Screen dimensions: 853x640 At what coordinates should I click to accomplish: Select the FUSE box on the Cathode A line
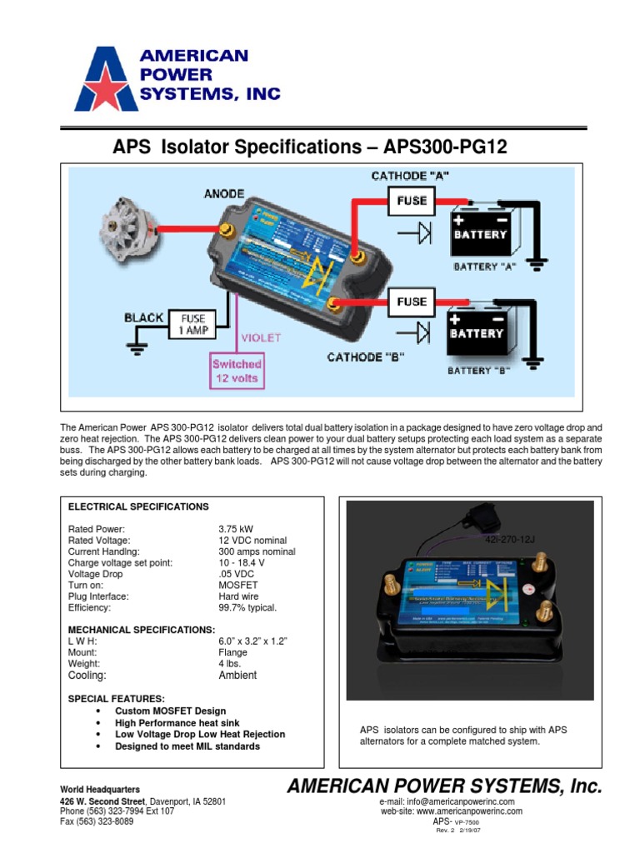point(412,201)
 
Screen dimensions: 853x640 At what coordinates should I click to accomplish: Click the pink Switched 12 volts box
point(236,371)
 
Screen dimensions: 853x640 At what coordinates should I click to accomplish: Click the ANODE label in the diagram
point(224,194)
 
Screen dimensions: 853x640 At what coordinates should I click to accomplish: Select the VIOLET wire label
point(261,338)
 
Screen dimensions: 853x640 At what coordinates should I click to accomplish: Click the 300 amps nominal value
point(256,551)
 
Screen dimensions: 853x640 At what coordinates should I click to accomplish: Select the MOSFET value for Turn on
point(237,586)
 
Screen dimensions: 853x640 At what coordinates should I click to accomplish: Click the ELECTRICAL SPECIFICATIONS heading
point(137,506)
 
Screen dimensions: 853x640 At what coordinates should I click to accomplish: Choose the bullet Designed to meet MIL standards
point(187,746)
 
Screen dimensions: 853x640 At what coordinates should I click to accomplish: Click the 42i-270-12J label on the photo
point(509,540)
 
